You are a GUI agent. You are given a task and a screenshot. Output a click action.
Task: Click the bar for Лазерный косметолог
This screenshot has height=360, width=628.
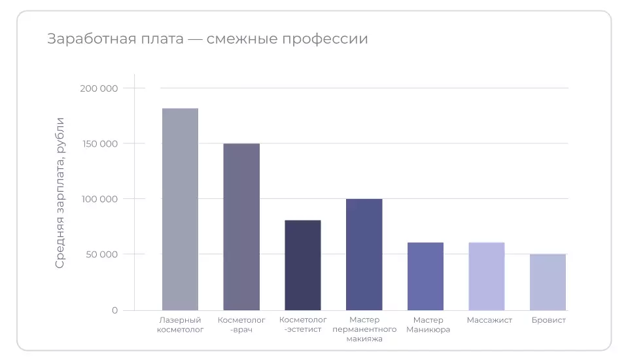[180, 209]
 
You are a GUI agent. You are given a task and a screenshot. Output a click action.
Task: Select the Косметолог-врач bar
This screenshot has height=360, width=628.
[241, 226]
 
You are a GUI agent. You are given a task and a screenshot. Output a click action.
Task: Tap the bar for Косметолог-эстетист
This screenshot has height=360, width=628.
[303, 265]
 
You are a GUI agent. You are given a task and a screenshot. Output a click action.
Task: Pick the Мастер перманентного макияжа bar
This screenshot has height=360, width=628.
[364, 254]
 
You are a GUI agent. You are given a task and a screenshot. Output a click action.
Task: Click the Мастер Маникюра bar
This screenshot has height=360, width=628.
[425, 276]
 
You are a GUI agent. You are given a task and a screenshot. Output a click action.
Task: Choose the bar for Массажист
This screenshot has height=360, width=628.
[487, 276]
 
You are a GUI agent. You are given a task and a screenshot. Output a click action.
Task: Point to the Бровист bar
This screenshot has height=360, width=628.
[548, 282]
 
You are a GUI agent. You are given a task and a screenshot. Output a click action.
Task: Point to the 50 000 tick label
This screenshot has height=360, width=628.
[101, 254]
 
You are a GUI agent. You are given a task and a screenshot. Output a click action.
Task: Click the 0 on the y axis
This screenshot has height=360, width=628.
[114, 310]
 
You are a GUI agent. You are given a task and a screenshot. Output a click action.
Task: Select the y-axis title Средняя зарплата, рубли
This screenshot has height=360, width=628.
[60, 192]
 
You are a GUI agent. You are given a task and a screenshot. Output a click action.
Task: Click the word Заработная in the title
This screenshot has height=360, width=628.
[84, 39]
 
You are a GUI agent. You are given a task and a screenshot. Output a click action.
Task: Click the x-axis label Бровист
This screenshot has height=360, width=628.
[548, 320]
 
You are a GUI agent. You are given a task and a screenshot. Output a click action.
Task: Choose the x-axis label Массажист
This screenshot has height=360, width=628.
[489, 320]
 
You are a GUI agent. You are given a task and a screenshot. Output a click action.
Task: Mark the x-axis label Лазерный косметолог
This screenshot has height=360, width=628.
[181, 325]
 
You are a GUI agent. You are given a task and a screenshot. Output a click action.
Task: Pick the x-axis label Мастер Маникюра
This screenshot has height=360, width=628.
[428, 325]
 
